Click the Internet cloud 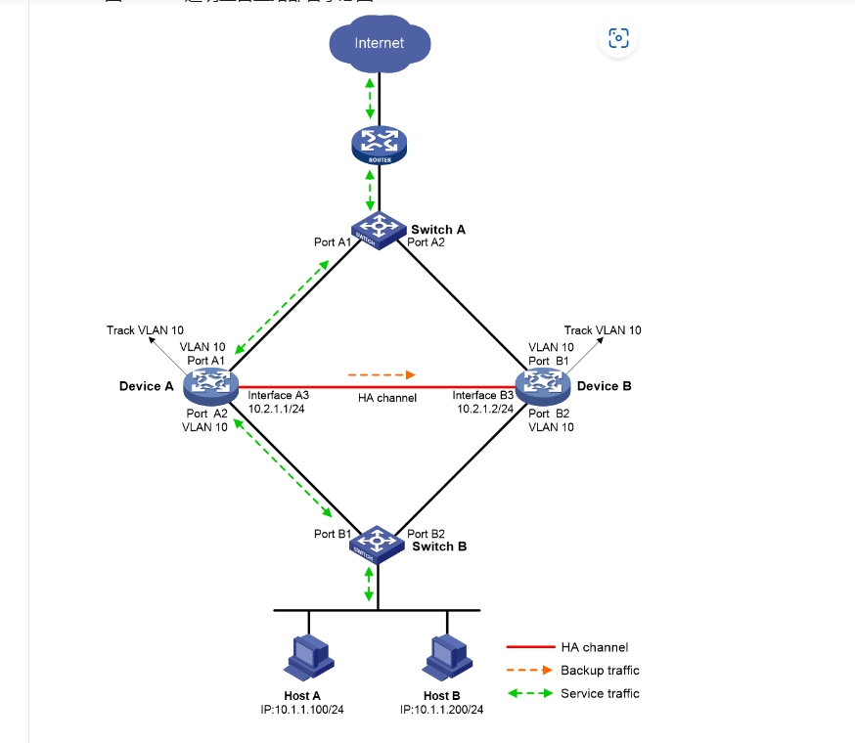[x=379, y=43]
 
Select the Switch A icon [x=379, y=228]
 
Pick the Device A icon [x=209, y=385]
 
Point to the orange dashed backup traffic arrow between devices [x=382, y=373]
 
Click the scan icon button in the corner [x=618, y=38]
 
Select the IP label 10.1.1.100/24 [x=304, y=710]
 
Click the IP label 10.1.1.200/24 [x=442, y=710]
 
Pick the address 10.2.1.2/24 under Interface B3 [x=485, y=409]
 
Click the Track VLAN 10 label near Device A [x=145, y=330]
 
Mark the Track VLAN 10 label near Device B [x=603, y=330]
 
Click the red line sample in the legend [x=528, y=647]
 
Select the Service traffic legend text [x=600, y=693]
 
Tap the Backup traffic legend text [x=600, y=670]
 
